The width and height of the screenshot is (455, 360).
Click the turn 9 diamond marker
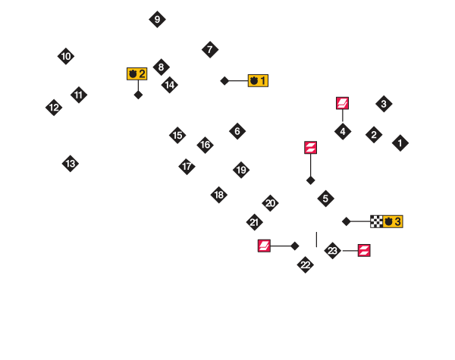click(x=157, y=19)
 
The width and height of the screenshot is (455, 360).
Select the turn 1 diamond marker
click(x=400, y=142)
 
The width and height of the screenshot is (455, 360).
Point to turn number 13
click(x=71, y=163)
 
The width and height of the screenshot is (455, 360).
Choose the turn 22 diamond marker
click(x=305, y=265)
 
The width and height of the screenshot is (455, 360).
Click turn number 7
click(x=210, y=50)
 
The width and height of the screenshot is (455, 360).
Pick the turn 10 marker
click(x=66, y=56)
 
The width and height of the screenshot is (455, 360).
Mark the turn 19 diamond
click(x=241, y=170)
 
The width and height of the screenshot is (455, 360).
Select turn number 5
click(x=325, y=199)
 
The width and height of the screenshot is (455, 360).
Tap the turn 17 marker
click(x=187, y=167)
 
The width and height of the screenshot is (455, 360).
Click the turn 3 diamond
click(x=384, y=104)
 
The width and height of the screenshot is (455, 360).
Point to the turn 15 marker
click(x=177, y=136)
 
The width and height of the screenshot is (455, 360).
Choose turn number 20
click(x=270, y=203)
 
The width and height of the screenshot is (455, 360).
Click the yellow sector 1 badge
click(x=258, y=80)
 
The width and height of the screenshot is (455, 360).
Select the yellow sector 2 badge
click(x=137, y=74)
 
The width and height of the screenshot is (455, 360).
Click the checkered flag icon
click(x=376, y=221)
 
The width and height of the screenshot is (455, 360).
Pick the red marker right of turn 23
click(x=364, y=250)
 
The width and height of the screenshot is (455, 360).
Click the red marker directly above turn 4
click(x=342, y=103)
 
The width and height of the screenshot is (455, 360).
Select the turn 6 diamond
click(x=237, y=131)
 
